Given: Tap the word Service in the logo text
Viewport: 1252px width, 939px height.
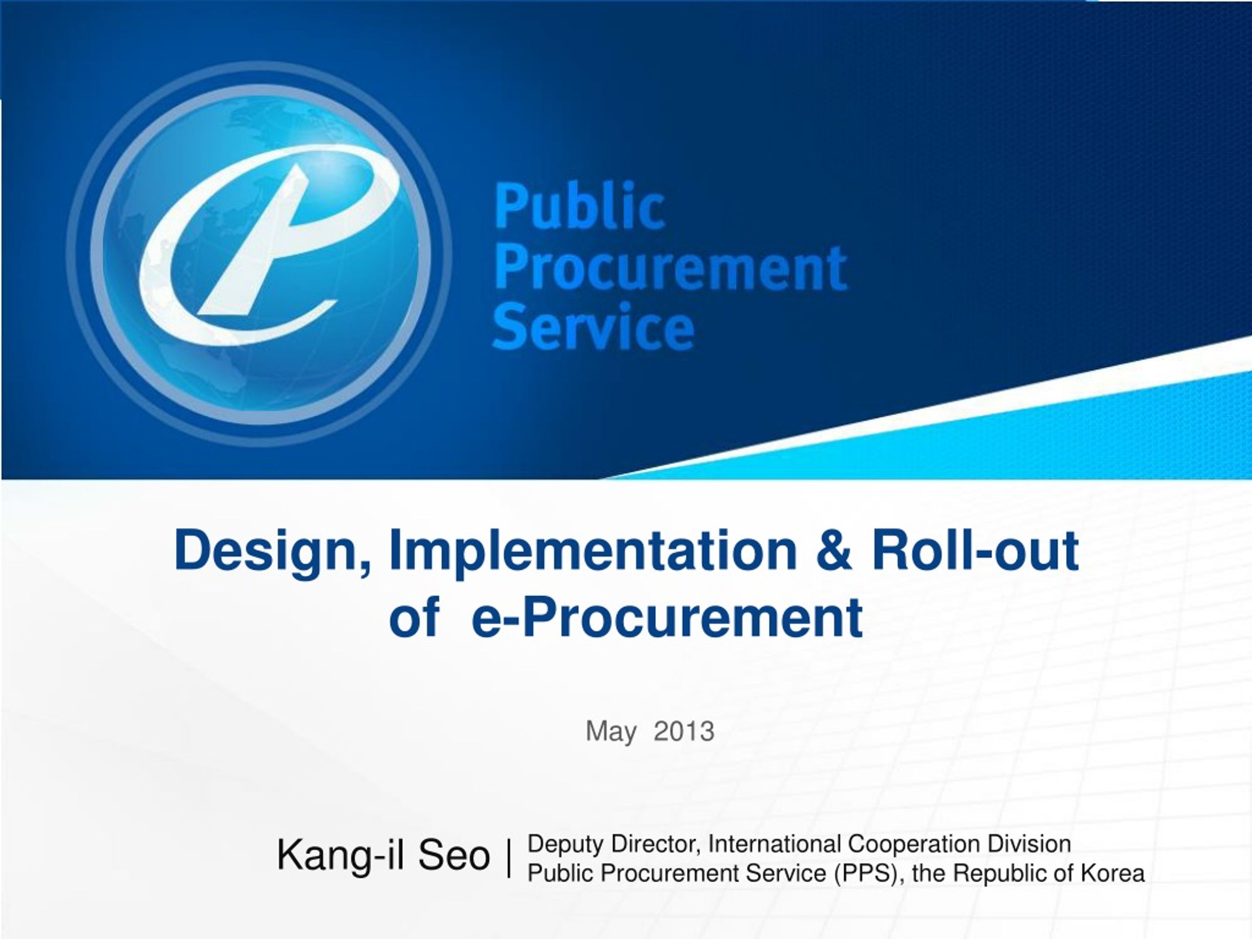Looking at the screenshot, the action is click(x=594, y=327).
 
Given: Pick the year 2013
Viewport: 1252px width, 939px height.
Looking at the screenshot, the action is click(x=684, y=731).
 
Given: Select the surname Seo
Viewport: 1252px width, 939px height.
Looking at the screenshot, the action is click(x=454, y=855).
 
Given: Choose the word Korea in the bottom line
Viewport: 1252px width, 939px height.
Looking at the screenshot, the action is click(x=1113, y=873).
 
